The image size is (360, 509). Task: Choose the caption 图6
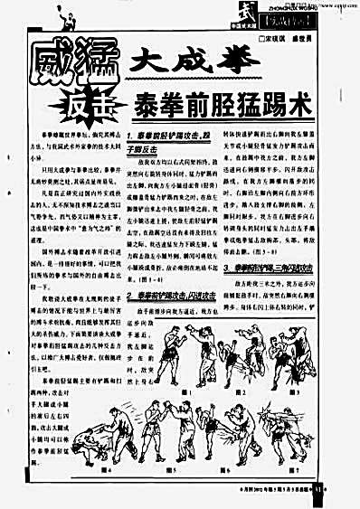coord(229,469)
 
